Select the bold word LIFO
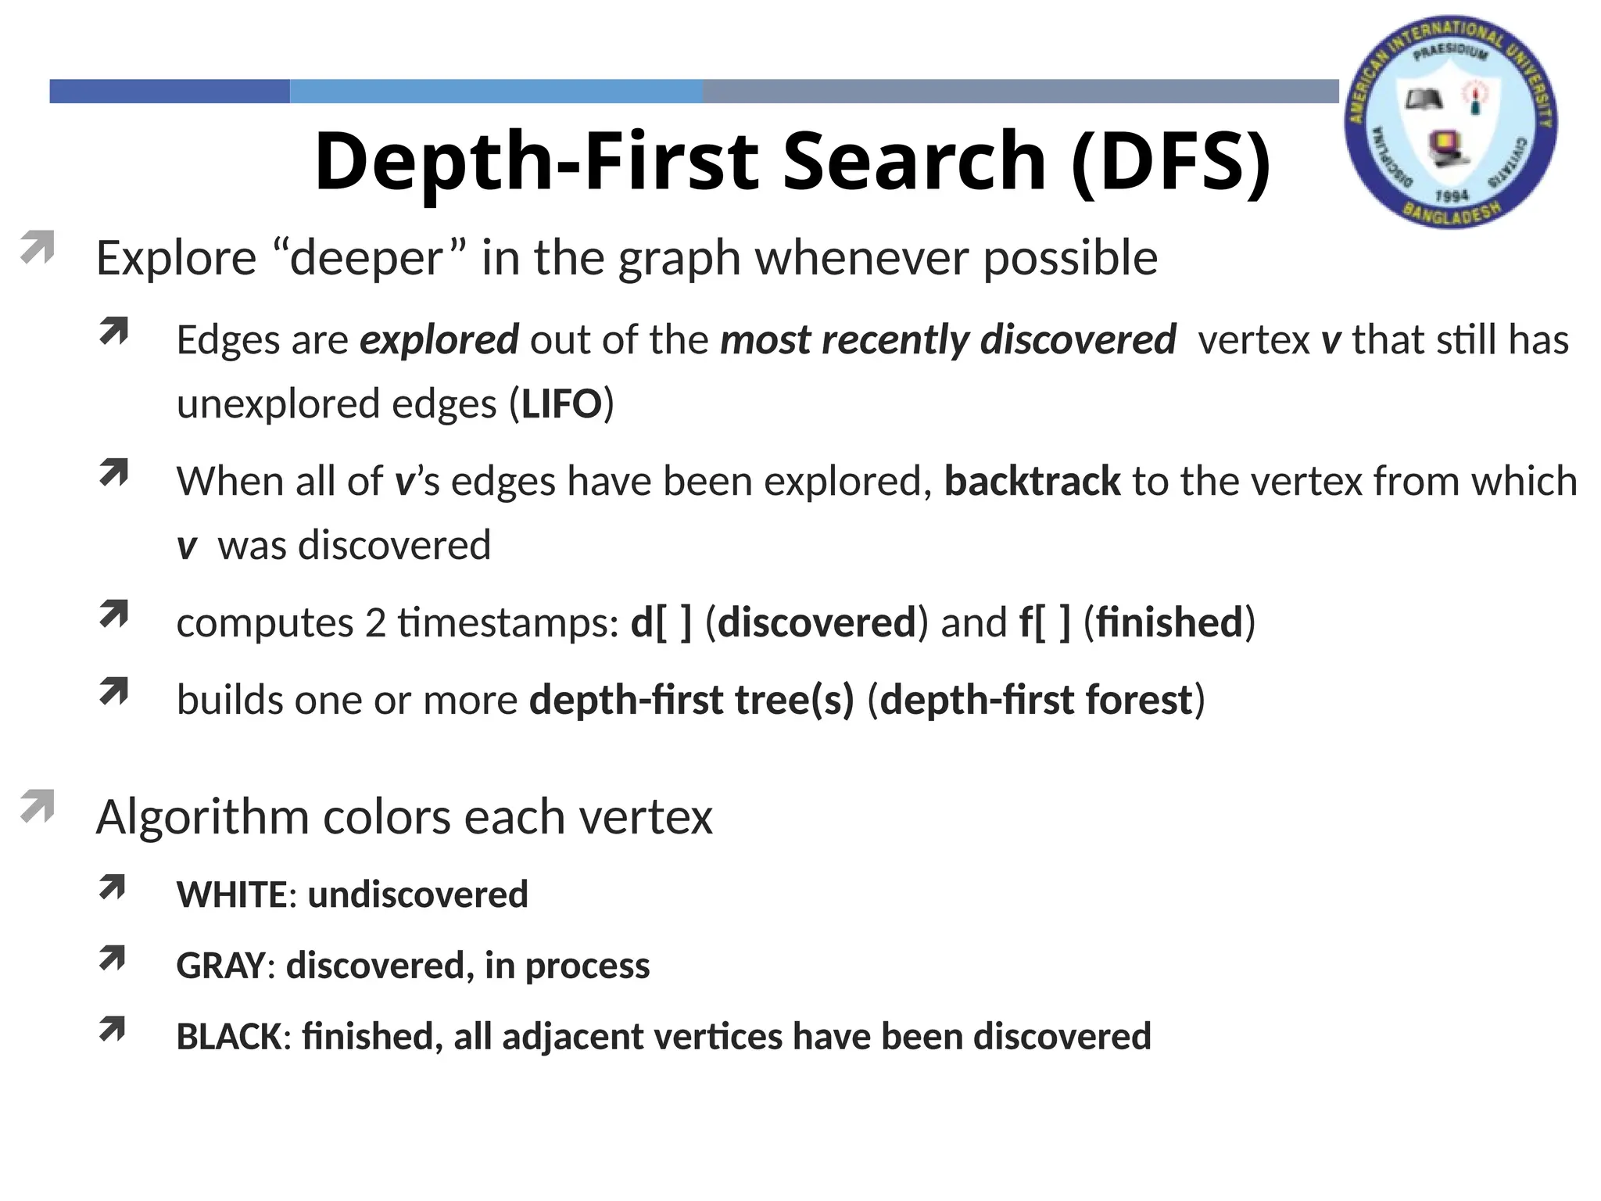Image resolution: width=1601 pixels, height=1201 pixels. pos(561,404)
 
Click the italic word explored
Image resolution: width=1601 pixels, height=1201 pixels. pos(439,340)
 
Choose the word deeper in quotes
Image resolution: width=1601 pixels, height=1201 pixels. pos(367,258)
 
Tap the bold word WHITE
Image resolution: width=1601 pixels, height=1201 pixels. pos(231,894)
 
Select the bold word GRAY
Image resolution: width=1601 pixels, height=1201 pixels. pos(220,966)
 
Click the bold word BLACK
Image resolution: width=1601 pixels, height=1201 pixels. pos(228,1037)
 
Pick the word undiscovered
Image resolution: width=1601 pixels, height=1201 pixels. pos(417,894)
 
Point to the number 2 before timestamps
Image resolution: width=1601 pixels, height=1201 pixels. pos(375,623)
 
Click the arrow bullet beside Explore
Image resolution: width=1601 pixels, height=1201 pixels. pos(37,247)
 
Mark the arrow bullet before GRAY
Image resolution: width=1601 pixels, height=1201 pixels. pos(113,959)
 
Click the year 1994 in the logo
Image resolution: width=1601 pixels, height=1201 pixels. pos(1452,195)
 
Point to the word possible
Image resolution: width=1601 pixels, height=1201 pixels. pos(1069,258)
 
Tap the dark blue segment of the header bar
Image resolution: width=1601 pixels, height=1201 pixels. pos(170,91)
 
